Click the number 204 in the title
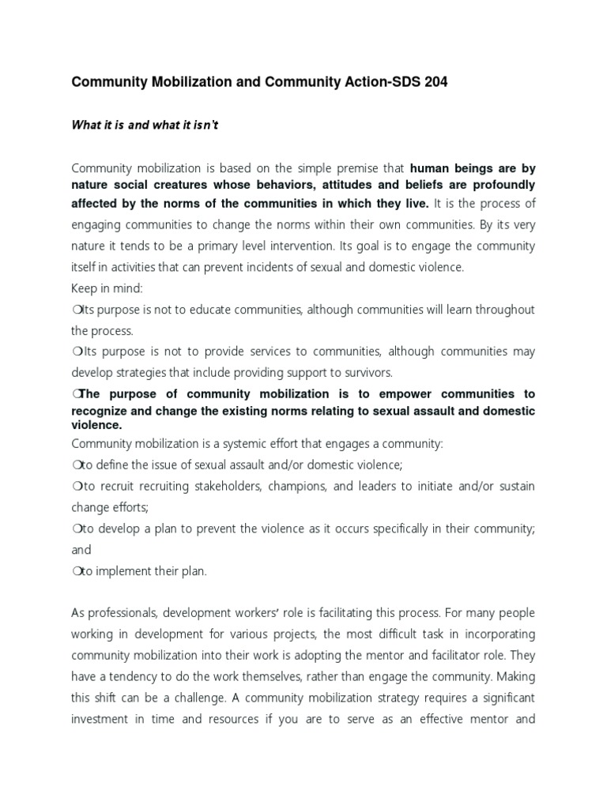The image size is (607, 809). tap(434, 82)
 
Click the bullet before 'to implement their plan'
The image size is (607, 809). tap(76, 571)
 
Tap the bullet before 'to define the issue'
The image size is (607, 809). tap(76, 465)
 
